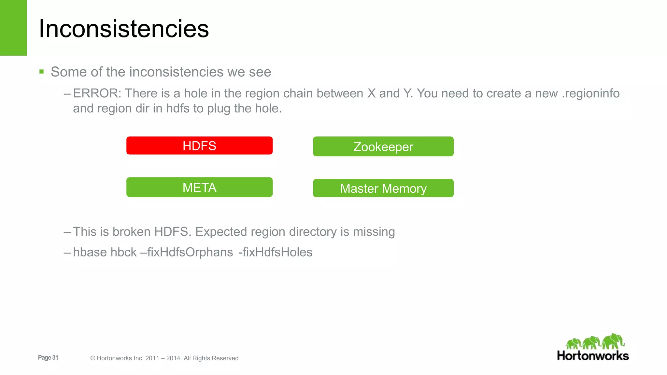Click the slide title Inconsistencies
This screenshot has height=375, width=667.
(x=124, y=29)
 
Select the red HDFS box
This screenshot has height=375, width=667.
(x=199, y=146)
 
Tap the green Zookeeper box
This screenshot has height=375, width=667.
(x=383, y=146)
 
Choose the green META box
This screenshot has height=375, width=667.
(x=199, y=187)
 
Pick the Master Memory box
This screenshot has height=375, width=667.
(x=383, y=188)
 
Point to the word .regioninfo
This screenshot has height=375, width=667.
(x=590, y=93)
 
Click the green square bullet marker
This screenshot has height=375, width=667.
(x=41, y=72)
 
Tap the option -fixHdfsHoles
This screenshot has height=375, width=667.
(x=276, y=252)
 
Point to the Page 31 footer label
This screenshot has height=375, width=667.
(x=48, y=357)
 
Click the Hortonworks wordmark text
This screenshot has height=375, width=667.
(x=593, y=356)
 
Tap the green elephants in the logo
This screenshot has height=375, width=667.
(x=595, y=342)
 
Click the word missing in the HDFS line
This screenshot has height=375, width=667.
(x=374, y=232)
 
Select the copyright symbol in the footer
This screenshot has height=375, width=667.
(x=93, y=358)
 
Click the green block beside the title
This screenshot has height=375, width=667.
(x=13, y=28)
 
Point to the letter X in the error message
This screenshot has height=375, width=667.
(x=371, y=93)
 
